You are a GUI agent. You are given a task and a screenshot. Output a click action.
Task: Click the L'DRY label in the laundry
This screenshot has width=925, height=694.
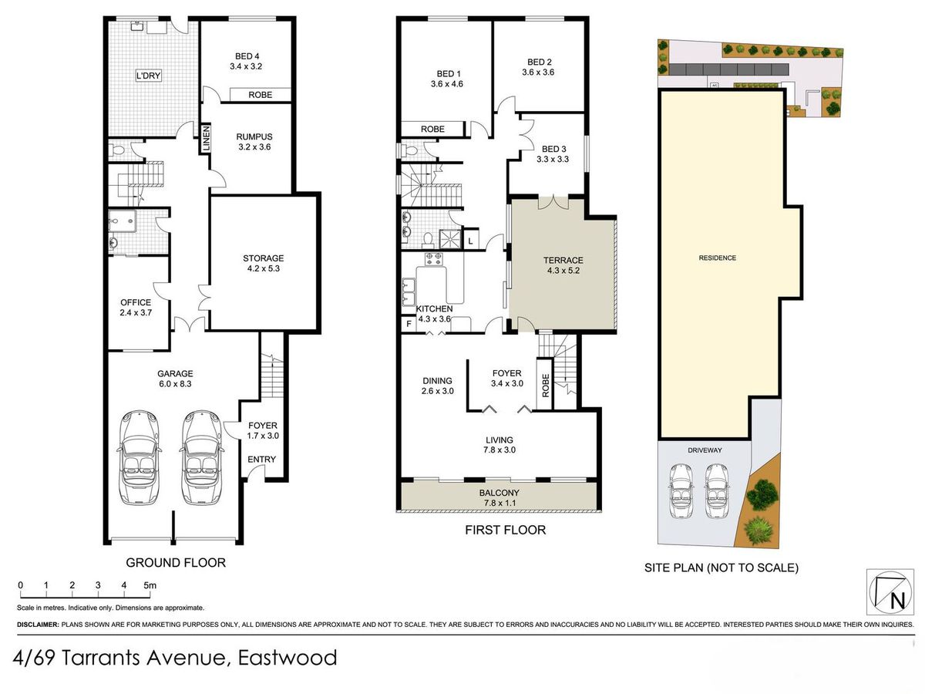pyautogui.click(x=148, y=76)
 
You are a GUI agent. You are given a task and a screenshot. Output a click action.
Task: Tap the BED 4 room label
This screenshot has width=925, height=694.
pyautogui.click(x=247, y=61)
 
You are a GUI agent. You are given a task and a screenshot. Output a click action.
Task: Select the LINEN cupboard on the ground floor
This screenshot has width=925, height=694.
pyautogui.click(x=206, y=139)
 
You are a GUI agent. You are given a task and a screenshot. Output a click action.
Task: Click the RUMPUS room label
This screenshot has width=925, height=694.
pyautogui.click(x=254, y=142)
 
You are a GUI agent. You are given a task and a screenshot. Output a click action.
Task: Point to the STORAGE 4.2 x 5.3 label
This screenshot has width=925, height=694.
pyautogui.click(x=264, y=263)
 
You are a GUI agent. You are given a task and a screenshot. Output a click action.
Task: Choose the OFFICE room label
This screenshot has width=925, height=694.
pyautogui.click(x=136, y=307)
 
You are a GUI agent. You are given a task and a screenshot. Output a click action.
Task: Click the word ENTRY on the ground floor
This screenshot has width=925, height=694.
pyautogui.click(x=261, y=460)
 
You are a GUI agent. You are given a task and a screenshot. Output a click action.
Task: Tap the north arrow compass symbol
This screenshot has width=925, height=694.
pyautogui.click(x=890, y=592)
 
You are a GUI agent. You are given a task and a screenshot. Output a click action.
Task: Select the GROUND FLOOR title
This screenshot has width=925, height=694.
pyautogui.click(x=176, y=563)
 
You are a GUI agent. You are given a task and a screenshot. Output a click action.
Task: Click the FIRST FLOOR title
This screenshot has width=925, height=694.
pyautogui.click(x=505, y=530)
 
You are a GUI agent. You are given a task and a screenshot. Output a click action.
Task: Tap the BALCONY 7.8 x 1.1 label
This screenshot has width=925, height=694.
pyautogui.click(x=499, y=497)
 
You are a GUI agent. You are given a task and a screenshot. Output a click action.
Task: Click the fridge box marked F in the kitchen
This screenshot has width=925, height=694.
pyautogui.click(x=409, y=325)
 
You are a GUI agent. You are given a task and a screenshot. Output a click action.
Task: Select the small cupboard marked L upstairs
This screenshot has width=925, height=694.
pyautogui.click(x=471, y=241)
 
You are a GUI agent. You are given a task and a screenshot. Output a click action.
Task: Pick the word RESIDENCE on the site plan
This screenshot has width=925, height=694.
pyautogui.click(x=717, y=258)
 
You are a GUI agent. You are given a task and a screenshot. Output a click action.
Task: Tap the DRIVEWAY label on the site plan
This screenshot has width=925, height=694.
pyautogui.click(x=705, y=450)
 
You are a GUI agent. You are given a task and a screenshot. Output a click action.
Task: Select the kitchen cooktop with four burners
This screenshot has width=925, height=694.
pyautogui.click(x=434, y=259)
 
